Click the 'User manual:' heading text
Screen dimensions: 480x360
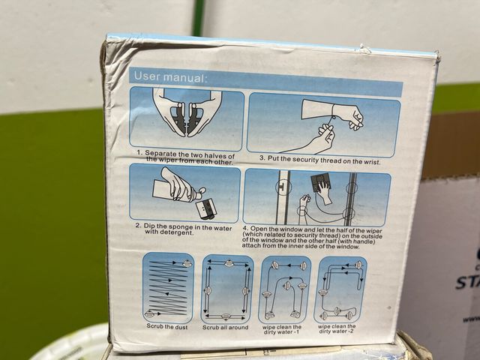pyautogui.click(x=170, y=76)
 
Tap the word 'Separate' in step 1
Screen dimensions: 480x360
pyautogui.click(x=160, y=153)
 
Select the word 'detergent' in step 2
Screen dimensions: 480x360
pyautogui.click(x=178, y=232)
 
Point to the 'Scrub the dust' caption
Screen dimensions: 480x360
pyautogui.click(x=166, y=326)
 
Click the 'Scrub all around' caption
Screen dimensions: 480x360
pyautogui.click(x=225, y=327)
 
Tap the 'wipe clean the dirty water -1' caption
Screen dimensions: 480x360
pyautogui.click(x=282, y=329)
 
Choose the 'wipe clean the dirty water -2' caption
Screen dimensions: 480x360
pyautogui.click(x=337, y=328)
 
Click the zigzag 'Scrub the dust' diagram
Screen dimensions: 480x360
pyautogui.click(x=168, y=288)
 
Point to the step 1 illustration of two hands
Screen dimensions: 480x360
pyautogui.click(x=187, y=118)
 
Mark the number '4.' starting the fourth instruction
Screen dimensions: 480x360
pyautogui.click(x=245, y=229)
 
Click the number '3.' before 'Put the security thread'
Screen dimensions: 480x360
pyautogui.click(x=262, y=158)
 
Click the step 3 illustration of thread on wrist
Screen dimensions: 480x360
pyautogui.click(x=323, y=124)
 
